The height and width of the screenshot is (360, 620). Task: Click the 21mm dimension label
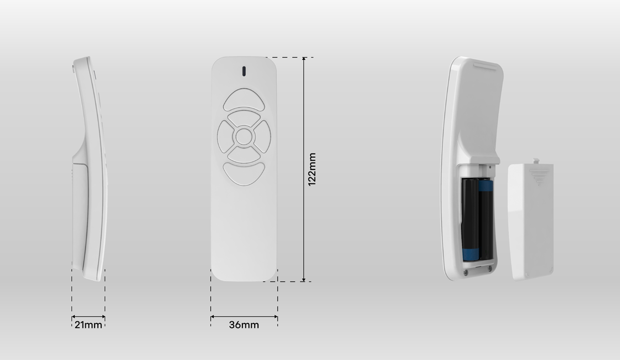[88, 325]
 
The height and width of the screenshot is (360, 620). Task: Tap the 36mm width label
[244, 325]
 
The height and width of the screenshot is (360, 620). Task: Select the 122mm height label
[312, 169]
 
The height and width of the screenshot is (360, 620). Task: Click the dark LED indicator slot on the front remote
[244, 71]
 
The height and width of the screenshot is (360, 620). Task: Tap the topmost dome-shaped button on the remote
[244, 99]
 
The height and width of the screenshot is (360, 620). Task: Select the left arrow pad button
[225, 137]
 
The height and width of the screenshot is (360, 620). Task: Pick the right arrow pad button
[263, 137]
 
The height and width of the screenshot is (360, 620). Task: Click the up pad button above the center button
[244, 118]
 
